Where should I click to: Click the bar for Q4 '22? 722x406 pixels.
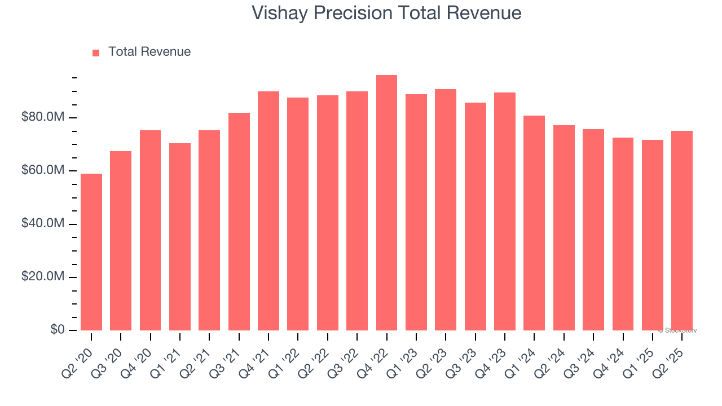click(386, 202)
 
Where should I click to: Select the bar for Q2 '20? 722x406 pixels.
click(91, 251)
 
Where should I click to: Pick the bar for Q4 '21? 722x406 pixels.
click(268, 210)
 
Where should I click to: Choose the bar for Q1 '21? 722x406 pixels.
click(180, 236)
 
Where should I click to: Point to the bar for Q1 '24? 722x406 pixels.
click(534, 223)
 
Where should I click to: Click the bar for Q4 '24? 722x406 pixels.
click(623, 233)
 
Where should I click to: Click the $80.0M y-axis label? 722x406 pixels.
click(43, 117)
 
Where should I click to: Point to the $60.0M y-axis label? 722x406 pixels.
click(43, 170)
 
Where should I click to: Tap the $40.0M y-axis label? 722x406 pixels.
click(43, 224)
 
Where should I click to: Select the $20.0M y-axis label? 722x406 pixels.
click(43, 277)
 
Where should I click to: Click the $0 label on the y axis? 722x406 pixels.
click(58, 330)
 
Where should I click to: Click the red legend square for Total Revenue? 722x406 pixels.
click(96, 52)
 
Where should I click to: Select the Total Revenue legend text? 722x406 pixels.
click(149, 52)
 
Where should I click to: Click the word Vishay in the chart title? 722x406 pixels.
click(279, 12)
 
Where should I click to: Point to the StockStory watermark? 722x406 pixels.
click(677, 330)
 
